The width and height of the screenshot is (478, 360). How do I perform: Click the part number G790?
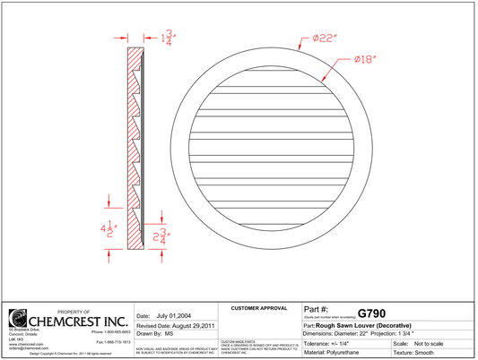click(371, 313)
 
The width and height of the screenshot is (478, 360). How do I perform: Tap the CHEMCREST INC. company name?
click(78, 321)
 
